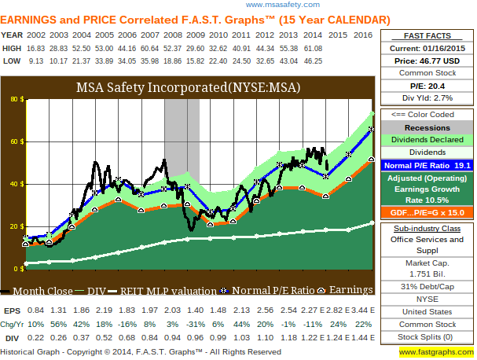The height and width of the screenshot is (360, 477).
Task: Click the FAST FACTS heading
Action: point(427,35)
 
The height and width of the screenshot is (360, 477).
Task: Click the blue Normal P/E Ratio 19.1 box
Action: point(427,166)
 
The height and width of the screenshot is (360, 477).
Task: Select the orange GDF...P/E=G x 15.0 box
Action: point(427,213)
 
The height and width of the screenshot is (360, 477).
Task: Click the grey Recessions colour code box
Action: point(427,127)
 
